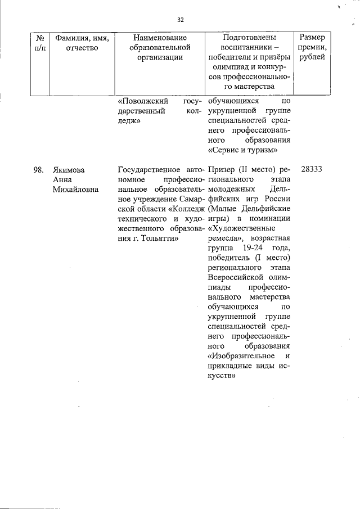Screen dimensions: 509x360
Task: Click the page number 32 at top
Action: click(x=181, y=20)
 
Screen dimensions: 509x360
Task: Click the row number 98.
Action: click(x=38, y=170)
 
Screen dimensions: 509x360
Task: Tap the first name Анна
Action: click(x=62, y=179)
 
